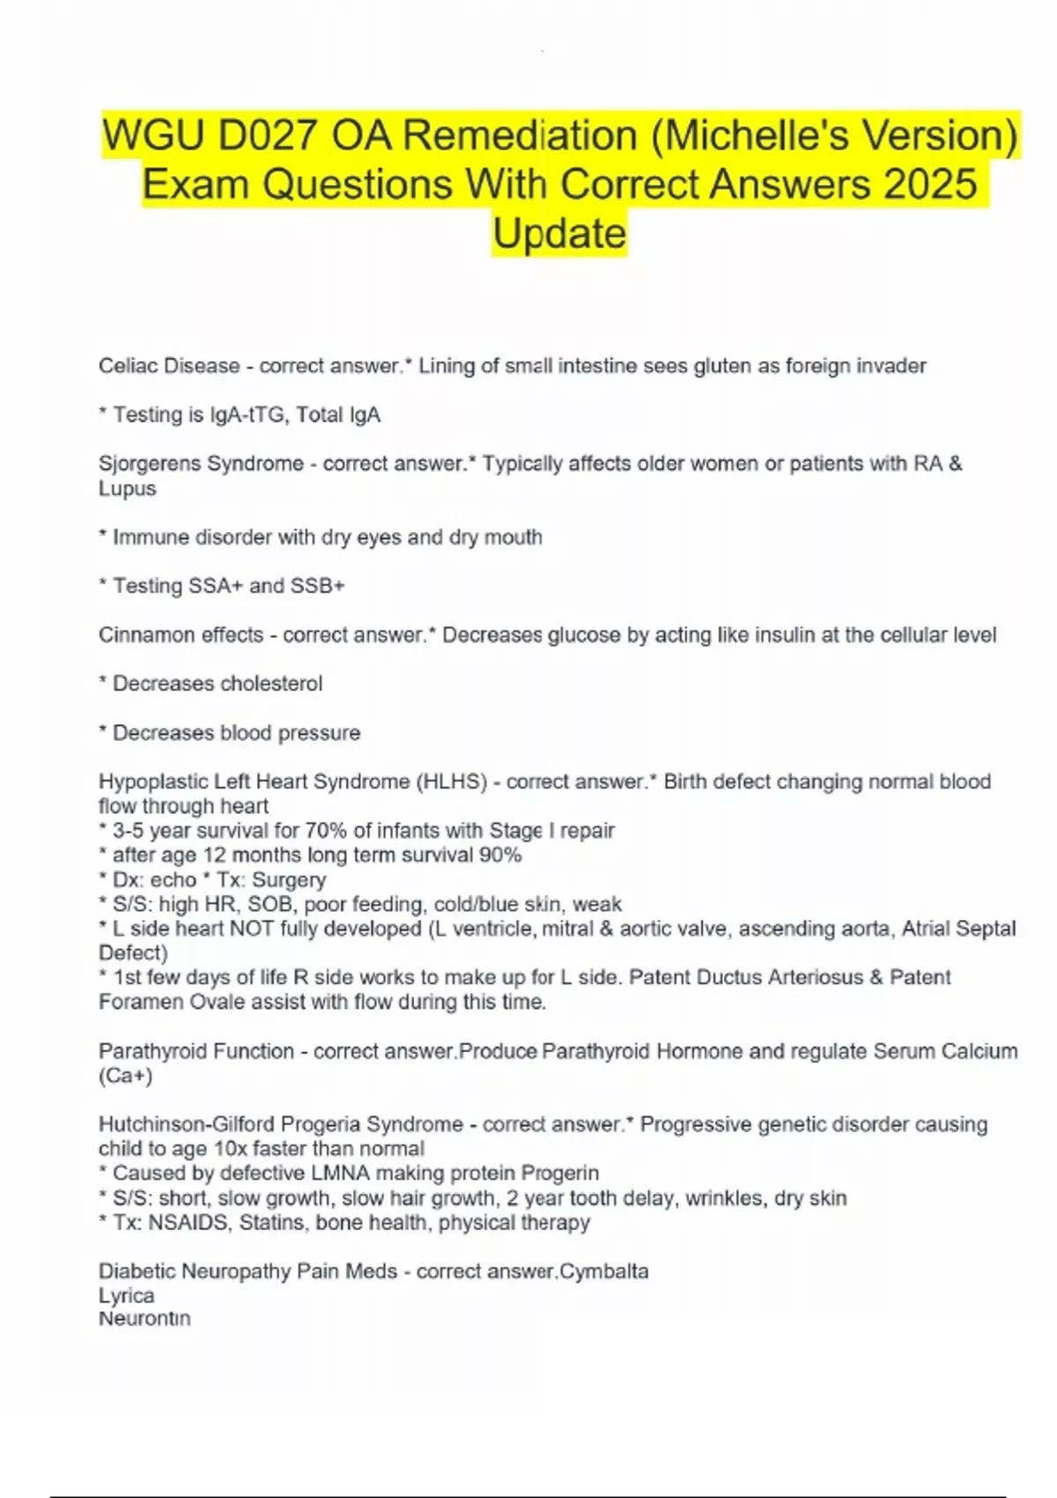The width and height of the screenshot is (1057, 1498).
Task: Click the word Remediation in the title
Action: pos(520,136)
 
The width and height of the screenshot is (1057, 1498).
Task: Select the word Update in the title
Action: pos(559,234)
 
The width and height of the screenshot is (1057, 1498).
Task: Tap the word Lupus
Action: pos(127,488)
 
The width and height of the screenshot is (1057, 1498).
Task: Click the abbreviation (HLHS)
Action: pos(452,782)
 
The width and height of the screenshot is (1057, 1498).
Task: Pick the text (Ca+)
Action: pos(126,1076)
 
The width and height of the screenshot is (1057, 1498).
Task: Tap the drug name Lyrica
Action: pos(126,1295)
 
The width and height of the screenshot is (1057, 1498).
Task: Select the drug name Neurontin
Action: pos(144,1319)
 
